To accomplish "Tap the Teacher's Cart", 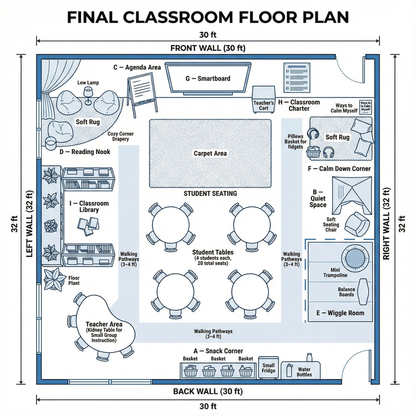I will [x=263, y=98].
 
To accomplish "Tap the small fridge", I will [x=269, y=368].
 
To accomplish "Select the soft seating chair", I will [x=358, y=223].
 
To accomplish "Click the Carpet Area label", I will [x=210, y=153].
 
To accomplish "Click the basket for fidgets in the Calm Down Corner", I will [x=314, y=152].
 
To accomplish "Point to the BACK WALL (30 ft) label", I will [x=207, y=391].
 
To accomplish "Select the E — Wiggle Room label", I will [x=341, y=313].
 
